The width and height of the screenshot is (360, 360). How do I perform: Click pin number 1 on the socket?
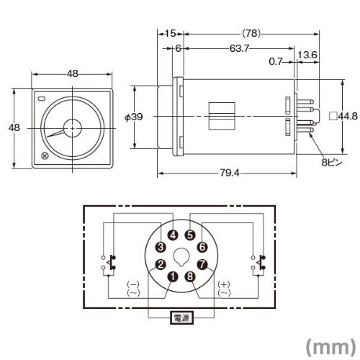coord(172,276)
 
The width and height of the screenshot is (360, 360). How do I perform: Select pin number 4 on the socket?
coord(173,235)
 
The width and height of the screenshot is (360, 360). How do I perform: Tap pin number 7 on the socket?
coord(202,265)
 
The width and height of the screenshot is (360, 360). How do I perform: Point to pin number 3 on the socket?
coord(161,247)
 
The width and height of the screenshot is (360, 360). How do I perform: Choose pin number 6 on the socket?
coord(202,247)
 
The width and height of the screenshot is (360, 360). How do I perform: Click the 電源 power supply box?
coord(181,318)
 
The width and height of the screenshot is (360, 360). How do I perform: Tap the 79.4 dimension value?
coord(230,173)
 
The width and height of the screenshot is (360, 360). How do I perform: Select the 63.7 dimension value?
coord(239,48)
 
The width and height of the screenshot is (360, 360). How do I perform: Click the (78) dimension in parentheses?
coord(251,33)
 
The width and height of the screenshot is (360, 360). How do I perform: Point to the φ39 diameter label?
coord(134,117)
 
